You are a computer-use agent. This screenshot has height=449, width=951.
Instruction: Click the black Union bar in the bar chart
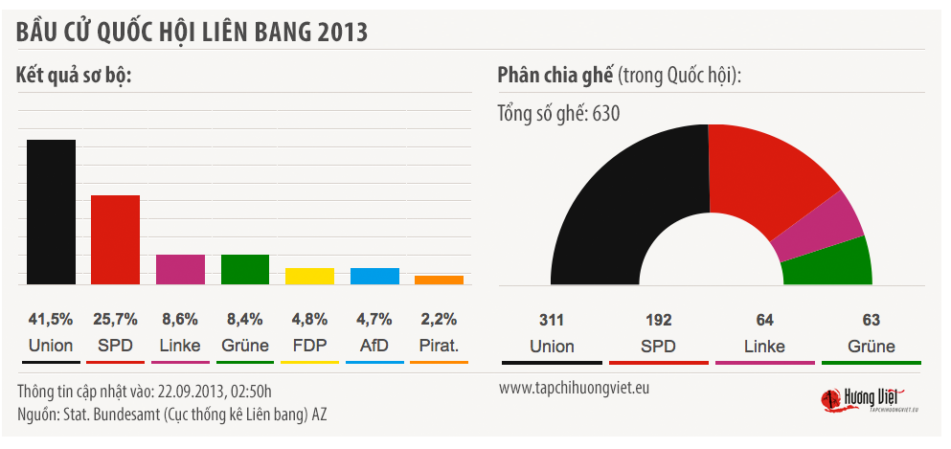click(51, 212)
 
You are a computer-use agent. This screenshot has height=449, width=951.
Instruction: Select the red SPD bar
click(116, 239)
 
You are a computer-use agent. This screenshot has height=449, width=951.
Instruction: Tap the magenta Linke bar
click(180, 269)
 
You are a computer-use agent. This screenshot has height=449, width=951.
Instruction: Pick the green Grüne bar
click(245, 269)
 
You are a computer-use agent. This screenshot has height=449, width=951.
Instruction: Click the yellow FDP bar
click(309, 276)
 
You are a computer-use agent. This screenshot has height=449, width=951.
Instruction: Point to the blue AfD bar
click(374, 276)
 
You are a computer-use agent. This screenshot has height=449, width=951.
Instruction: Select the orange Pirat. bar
click(440, 280)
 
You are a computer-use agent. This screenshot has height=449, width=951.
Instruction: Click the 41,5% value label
click(51, 320)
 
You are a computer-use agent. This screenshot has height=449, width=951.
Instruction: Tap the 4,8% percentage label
click(309, 320)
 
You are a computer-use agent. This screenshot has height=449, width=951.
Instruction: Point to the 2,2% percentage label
click(440, 320)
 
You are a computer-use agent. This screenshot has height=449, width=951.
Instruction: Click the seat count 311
click(552, 320)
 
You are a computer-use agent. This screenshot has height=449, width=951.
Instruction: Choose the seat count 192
click(658, 320)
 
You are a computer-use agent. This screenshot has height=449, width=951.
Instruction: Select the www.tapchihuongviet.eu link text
click(574, 389)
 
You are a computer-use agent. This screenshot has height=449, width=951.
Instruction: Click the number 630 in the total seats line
click(606, 114)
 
